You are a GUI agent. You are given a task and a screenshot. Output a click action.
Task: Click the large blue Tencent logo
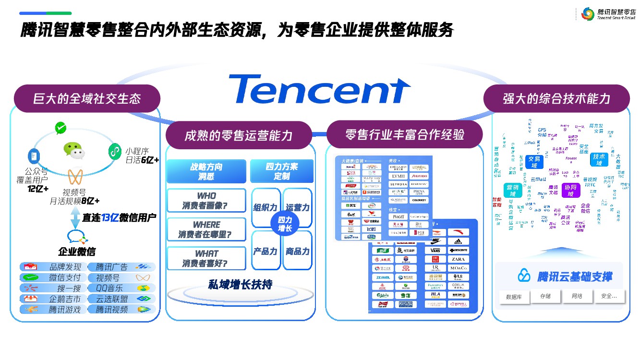coord(319,89)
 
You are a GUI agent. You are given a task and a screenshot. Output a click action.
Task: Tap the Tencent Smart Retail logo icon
coord(587,14)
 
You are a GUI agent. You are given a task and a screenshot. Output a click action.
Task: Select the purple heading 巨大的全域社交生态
coord(87,99)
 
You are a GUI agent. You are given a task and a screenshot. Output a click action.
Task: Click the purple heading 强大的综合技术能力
coord(556,98)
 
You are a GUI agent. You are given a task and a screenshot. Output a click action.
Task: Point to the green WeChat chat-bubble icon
coord(74,150)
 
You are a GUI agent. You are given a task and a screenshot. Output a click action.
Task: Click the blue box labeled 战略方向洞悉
coord(206,171)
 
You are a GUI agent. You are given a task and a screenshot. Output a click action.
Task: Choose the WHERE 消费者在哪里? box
coord(206,229)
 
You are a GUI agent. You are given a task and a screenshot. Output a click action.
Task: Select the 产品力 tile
coord(266,251)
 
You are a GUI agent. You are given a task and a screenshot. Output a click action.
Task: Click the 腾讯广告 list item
coord(122,267)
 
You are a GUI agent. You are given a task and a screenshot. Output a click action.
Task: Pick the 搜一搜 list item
coord(53,288)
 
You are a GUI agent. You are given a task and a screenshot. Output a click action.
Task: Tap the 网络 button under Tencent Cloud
coord(577,296)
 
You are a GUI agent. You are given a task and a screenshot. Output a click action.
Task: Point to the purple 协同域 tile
coord(571,191)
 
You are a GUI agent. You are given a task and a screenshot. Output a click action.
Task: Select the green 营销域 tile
coord(512,191)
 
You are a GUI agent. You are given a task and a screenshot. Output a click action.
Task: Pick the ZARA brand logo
coord(458,259)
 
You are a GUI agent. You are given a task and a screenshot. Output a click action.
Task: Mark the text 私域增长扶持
coord(240,285)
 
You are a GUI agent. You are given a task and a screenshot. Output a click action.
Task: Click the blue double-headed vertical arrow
coord(75,218)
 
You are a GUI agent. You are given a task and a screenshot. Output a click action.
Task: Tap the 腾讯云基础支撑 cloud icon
coord(524,276)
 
